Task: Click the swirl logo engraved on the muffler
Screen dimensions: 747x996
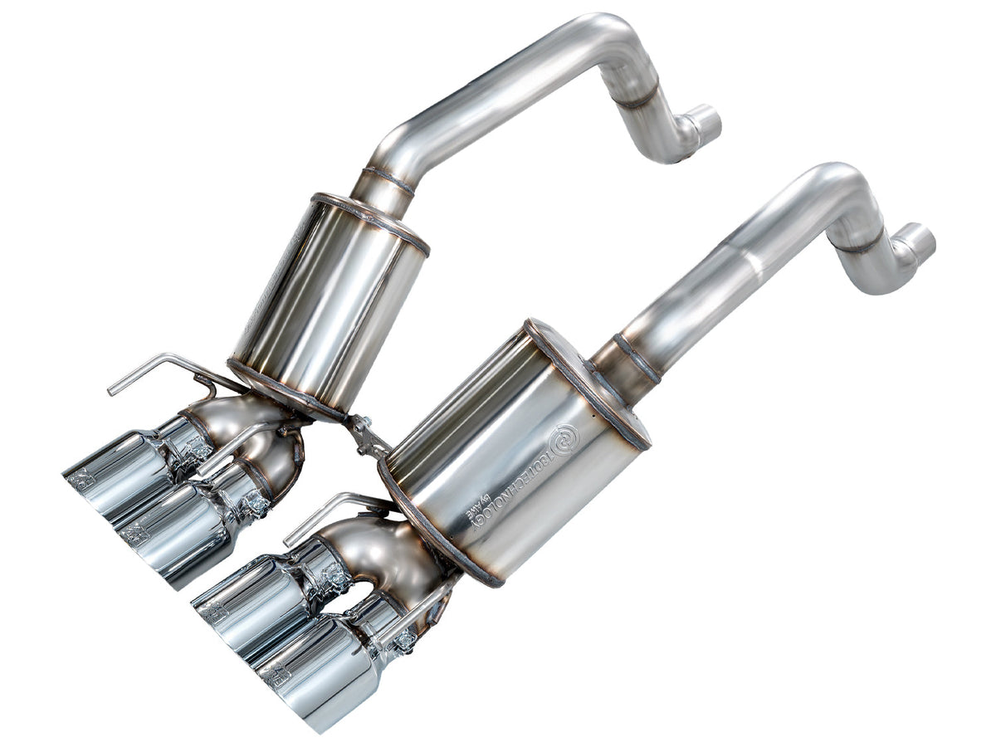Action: coord(568,437)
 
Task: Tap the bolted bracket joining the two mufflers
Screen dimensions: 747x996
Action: coord(365,435)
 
